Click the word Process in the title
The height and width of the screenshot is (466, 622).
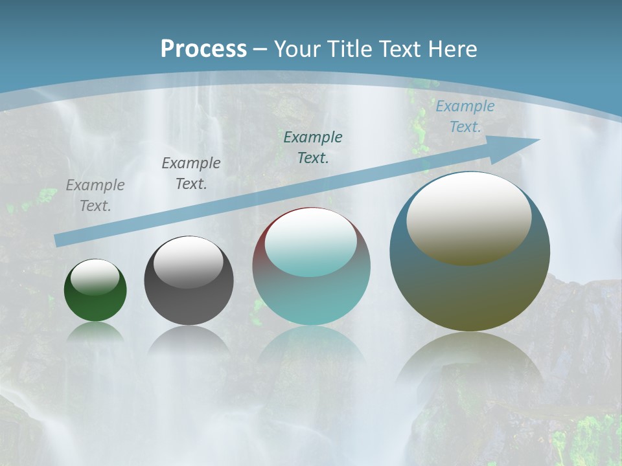[203, 49]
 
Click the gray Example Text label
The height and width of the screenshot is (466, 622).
[95, 195]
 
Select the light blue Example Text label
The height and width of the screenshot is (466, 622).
[465, 116]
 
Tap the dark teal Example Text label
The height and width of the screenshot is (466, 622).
[313, 147]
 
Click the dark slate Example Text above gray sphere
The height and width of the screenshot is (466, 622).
[191, 173]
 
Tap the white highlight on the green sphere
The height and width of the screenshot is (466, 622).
[95, 278]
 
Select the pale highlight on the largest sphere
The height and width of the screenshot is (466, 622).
[468, 218]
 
